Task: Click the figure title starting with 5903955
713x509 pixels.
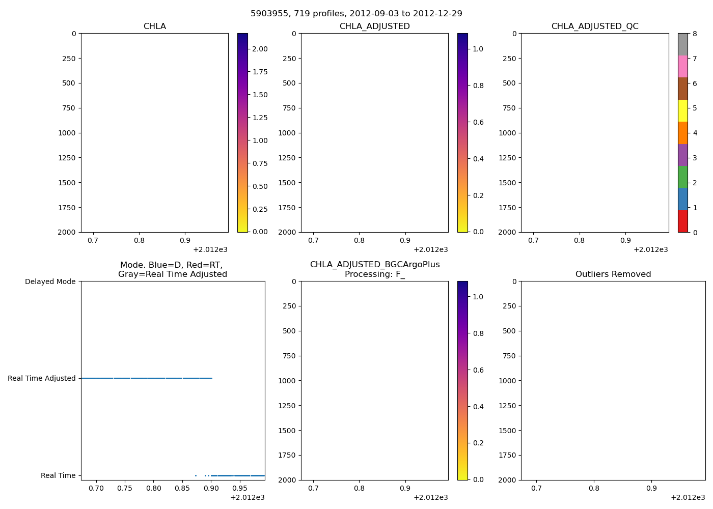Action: (x=356, y=14)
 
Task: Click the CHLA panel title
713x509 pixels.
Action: (x=154, y=26)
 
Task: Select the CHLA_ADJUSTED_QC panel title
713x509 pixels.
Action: (x=594, y=26)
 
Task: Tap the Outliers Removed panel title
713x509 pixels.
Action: (x=613, y=274)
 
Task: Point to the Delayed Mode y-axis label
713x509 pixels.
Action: (x=50, y=281)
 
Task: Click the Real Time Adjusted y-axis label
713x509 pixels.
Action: (x=41, y=378)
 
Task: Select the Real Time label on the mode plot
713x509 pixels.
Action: (x=58, y=475)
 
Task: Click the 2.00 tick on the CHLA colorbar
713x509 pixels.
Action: (x=260, y=49)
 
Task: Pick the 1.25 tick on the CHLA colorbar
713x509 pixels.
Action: (x=260, y=118)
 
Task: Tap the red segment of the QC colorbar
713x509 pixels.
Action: (x=682, y=221)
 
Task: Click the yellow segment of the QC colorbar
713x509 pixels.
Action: (x=682, y=110)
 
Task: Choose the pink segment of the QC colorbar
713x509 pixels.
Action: (x=682, y=66)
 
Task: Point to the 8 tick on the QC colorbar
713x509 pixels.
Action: (x=695, y=34)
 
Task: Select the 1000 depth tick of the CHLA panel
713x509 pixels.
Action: (x=67, y=133)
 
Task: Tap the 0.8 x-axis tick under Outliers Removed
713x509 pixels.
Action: (x=594, y=488)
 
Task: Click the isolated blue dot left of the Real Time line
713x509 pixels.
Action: (x=196, y=475)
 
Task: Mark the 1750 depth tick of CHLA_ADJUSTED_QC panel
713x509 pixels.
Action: (x=507, y=208)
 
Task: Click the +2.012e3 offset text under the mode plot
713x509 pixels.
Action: (x=247, y=497)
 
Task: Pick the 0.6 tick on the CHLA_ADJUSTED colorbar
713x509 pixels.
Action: (x=478, y=122)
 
